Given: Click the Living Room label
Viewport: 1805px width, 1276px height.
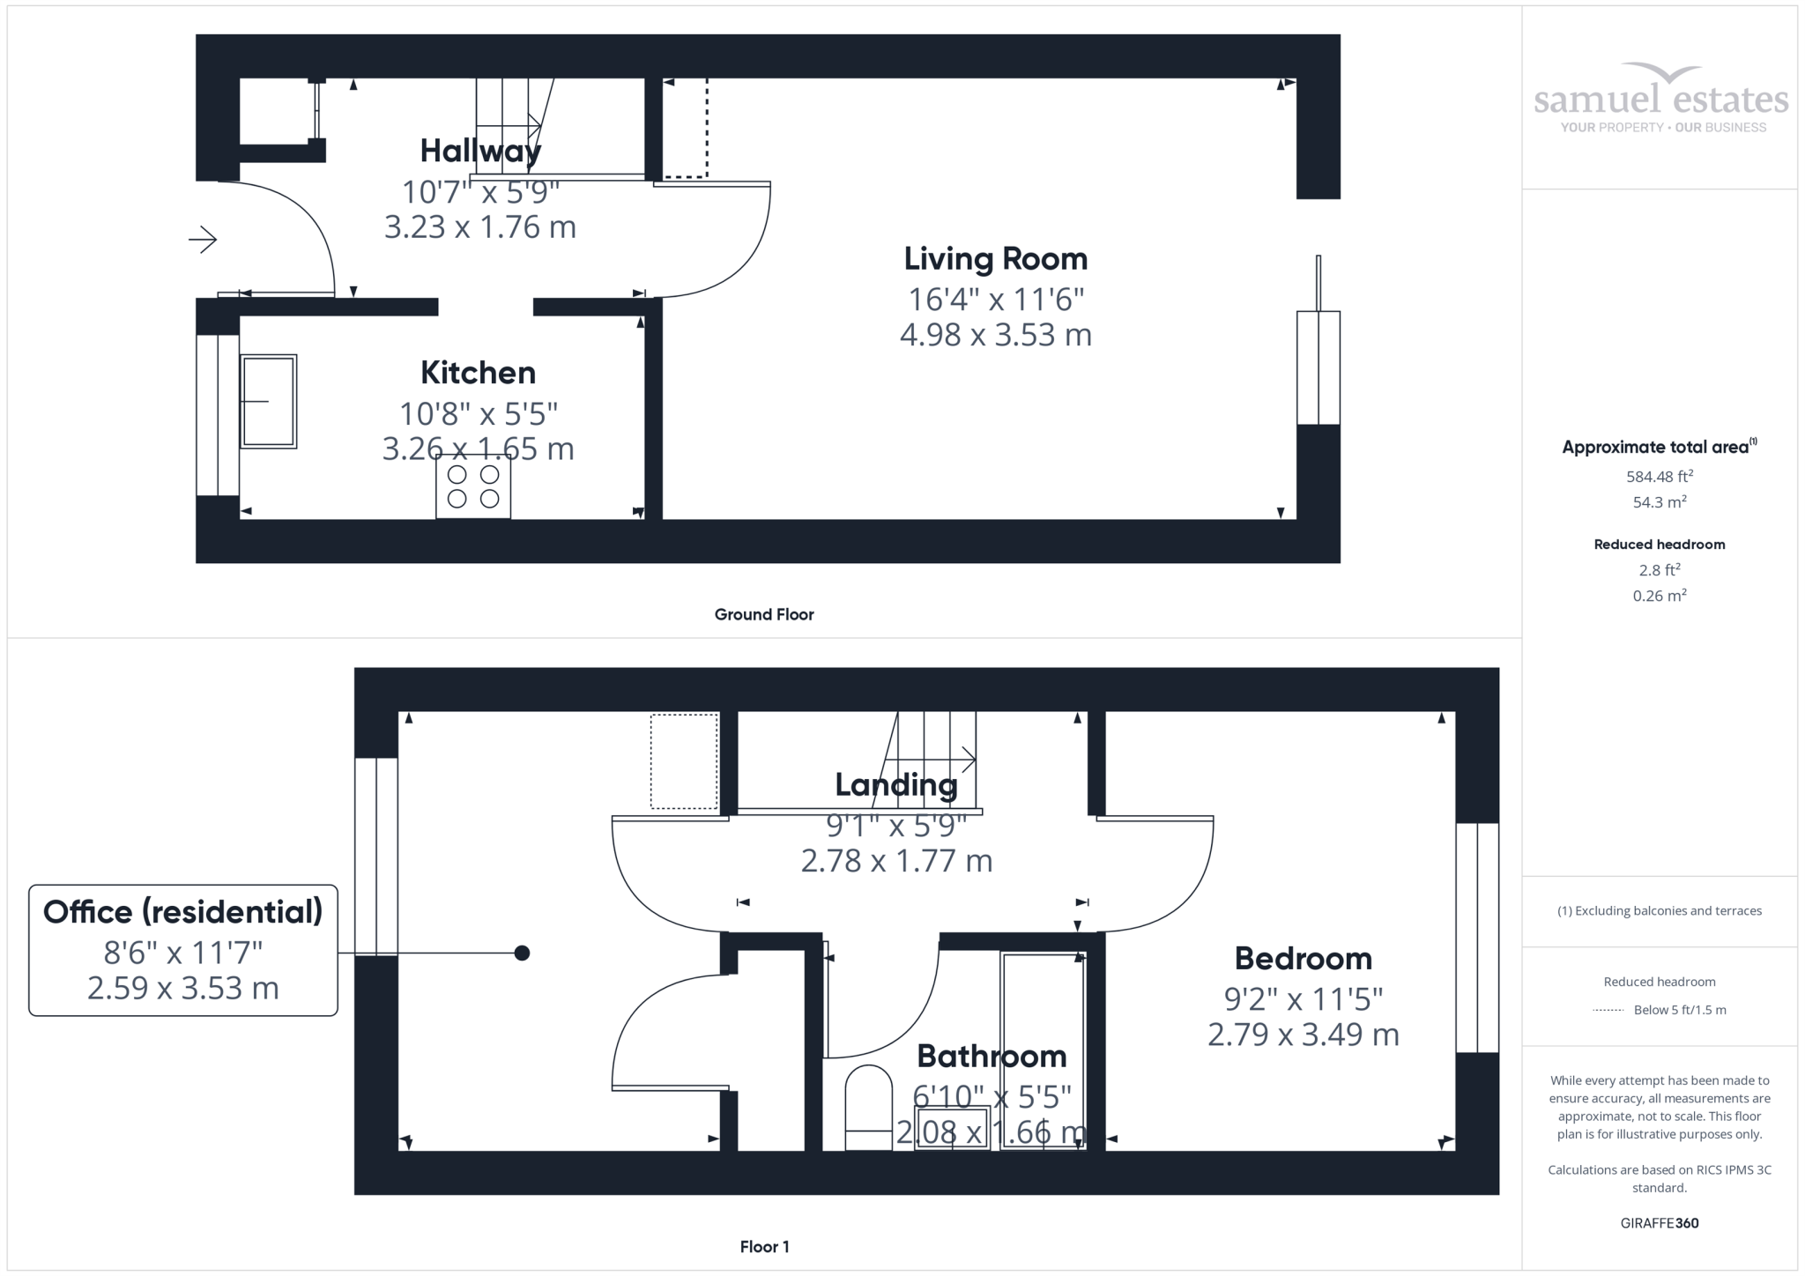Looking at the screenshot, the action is (x=996, y=259).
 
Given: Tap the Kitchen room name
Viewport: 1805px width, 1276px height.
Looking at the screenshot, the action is (x=478, y=373).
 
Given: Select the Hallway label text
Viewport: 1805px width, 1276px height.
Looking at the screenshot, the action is (x=480, y=152).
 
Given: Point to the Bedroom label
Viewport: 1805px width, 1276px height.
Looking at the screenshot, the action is (x=1303, y=958).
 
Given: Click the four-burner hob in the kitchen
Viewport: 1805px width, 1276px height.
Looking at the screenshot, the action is (x=473, y=486).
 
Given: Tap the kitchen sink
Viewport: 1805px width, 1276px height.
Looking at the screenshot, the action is (x=269, y=402).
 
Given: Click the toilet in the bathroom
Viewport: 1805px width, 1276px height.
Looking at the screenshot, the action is (x=868, y=1108).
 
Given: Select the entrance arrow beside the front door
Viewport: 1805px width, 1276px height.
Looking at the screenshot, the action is (x=203, y=239).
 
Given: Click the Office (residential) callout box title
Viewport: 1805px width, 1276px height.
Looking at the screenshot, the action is (x=183, y=912).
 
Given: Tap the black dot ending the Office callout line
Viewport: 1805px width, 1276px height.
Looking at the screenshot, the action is (x=522, y=953).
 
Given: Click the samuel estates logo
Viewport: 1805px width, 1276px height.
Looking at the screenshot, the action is (x=1661, y=98).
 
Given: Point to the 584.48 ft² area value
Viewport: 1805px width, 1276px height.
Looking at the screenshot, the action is (x=1660, y=477).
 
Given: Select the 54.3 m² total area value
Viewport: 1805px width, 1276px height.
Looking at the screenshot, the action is (x=1660, y=502).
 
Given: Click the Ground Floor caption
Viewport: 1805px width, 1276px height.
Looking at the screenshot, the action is (x=764, y=614).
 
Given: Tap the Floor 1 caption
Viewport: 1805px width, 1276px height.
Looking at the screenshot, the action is (x=764, y=1247).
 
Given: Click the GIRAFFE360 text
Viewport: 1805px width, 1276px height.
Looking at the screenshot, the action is (x=1660, y=1223).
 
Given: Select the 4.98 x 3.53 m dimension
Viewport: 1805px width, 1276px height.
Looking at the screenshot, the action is (x=996, y=335).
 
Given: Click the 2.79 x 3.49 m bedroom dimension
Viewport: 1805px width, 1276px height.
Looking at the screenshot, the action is (x=1303, y=1035).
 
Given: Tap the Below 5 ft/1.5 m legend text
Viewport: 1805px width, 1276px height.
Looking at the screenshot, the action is (x=1680, y=1010).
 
